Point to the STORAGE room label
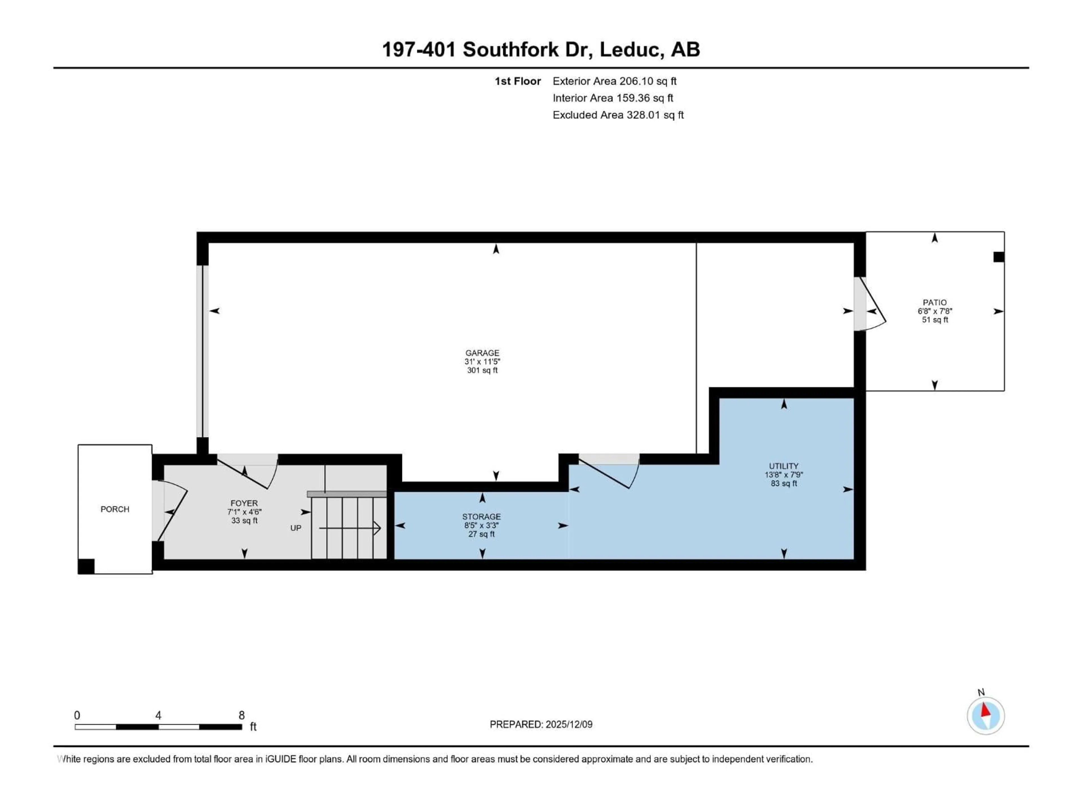[x=481, y=516]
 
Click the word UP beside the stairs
[x=296, y=528]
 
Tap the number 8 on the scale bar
[x=241, y=715]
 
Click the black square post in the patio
[x=998, y=257]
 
